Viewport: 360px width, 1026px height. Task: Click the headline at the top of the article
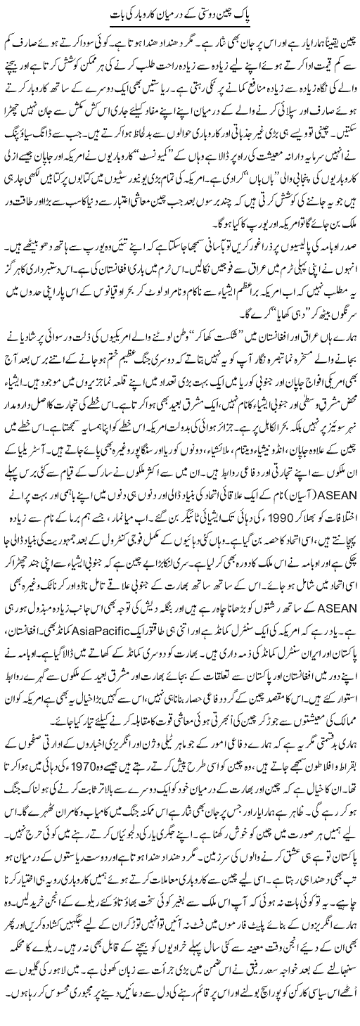tap(181, 15)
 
